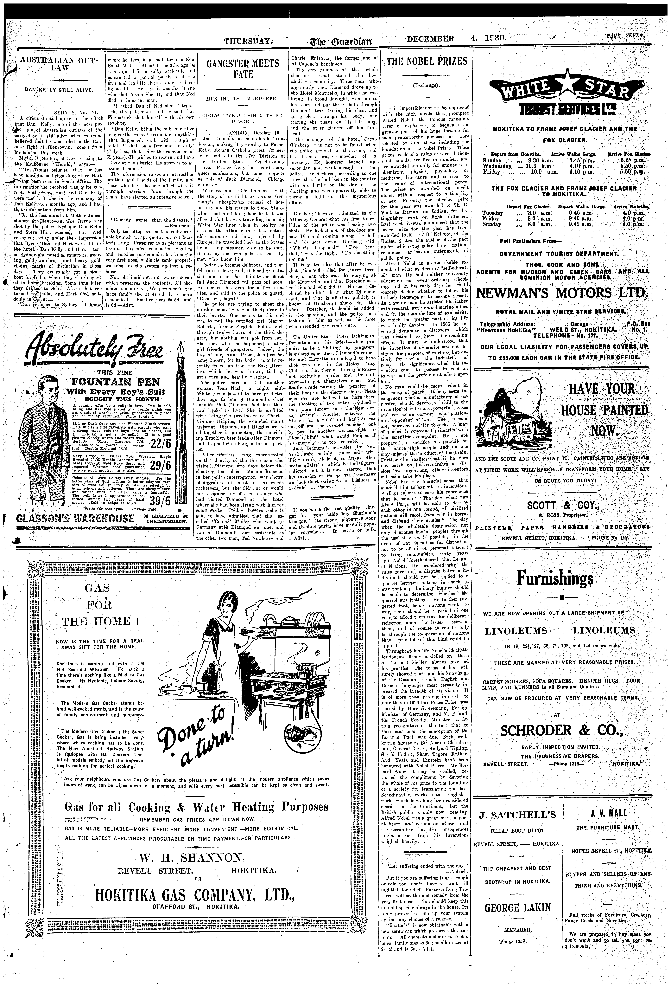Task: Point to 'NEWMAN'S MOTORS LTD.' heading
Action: point(563,294)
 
